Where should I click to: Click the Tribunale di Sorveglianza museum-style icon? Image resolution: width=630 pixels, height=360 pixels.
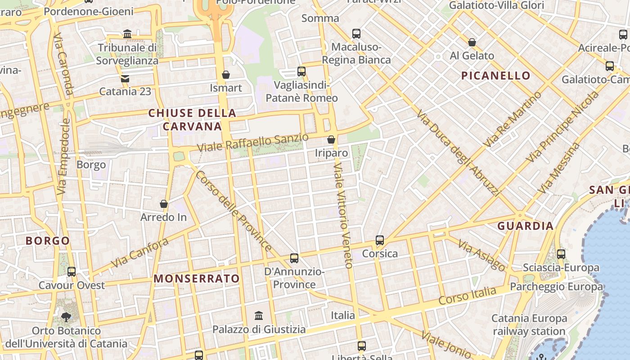pos(127,34)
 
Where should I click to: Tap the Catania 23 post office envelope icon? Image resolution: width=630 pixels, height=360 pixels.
pos(125,79)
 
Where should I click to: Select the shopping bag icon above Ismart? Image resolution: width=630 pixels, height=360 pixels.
pos(226,75)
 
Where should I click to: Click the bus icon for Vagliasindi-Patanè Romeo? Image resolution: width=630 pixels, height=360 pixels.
pos(301,71)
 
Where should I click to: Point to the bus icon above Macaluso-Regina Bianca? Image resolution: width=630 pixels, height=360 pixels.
pos(356,33)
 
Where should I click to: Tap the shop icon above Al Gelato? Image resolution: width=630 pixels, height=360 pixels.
pos(472,42)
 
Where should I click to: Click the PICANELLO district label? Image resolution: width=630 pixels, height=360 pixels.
pos(496,76)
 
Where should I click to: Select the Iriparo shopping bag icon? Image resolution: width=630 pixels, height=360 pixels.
pos(331,139)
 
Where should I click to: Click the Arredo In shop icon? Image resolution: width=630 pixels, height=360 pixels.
pos(164,204)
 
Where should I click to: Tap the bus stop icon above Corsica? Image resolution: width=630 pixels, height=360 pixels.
pos(380,240)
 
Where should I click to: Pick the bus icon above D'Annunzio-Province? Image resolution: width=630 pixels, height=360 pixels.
pos(294,258)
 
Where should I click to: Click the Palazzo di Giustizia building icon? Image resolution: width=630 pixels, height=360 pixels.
pos(259,315)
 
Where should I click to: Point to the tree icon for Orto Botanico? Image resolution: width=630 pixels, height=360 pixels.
pos(66,317)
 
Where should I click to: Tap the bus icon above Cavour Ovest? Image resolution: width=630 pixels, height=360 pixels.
pos(72,271)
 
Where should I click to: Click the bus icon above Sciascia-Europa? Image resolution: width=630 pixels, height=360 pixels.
pos(561,254)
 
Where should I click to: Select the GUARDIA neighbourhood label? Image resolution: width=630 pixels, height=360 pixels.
pos(525,226)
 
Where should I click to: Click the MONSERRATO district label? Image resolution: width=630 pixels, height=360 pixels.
pos(197,279)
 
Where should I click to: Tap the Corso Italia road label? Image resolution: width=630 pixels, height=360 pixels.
pos(468,296)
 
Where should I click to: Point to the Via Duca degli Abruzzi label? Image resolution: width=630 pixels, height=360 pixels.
pos(458,153)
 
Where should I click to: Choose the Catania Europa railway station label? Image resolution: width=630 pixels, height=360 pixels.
pos(529,325)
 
